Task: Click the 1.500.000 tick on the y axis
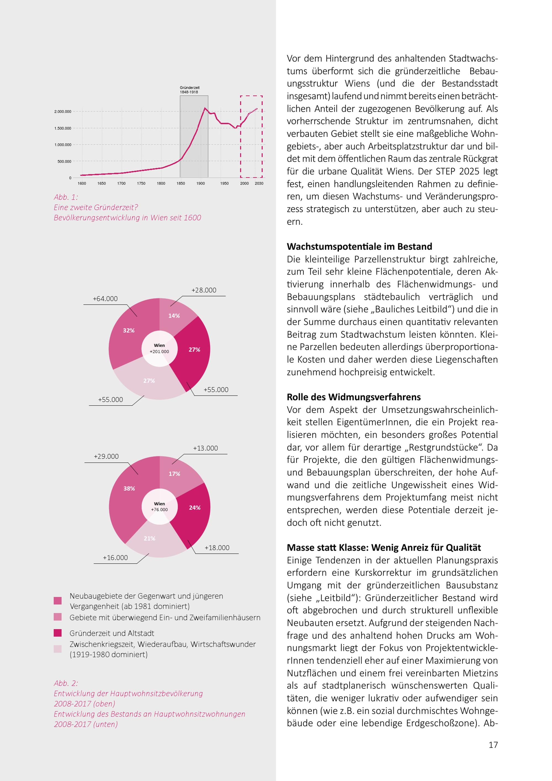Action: [x=63, y=128]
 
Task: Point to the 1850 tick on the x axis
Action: [x=181, y=183]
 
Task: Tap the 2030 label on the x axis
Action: [x=259, y=183]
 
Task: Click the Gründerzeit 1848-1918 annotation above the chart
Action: [x=190, y=90]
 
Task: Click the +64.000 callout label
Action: [x=105, y=299]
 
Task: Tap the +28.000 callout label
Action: [x=204, y=290]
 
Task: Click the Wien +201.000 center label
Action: [x=160, y=349]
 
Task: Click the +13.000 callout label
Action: [x=205, y=448]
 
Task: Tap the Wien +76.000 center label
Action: [x=160, y=506]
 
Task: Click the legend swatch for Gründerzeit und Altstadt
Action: [x=58, y=633]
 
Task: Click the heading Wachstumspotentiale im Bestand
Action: [x=359, y=247]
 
